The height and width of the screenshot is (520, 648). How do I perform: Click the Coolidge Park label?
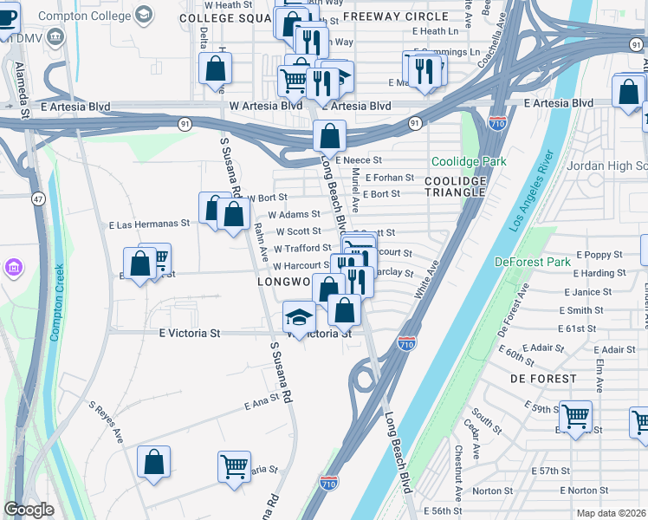469,162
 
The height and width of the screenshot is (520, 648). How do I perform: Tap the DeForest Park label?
533,261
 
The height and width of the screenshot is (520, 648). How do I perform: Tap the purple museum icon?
14,268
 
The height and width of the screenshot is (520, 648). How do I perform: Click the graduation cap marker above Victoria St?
299,316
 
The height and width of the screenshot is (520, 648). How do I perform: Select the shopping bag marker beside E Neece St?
329,135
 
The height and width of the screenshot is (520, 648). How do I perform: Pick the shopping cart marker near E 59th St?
575,417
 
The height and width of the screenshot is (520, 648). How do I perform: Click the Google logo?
29,510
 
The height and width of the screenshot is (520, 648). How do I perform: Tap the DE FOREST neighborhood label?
543,379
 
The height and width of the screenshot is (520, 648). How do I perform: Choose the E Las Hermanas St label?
149,224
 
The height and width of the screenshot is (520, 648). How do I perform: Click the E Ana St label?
264,400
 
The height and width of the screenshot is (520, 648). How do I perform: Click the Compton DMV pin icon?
57,36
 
